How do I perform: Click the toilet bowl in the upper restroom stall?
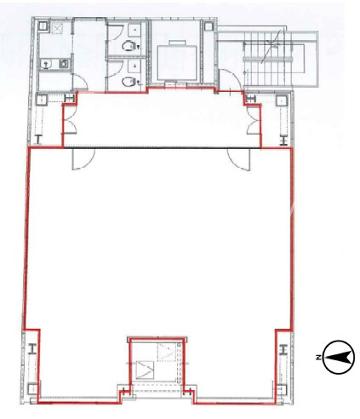128,46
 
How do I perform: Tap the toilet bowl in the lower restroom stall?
128,82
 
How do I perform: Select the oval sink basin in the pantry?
45,64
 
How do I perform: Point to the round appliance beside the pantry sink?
64,63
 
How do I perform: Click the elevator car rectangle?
177,62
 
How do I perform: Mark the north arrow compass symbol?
339,357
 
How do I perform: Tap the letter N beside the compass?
319,358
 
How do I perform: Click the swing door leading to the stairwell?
230,80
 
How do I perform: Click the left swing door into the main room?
83,159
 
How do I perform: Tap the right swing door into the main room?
239,159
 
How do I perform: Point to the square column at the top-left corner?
43,26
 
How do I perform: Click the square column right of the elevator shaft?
209,26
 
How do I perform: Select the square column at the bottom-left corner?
32,388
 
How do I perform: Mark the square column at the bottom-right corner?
282,389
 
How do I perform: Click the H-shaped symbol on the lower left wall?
33,349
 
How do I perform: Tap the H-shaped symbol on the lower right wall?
283,349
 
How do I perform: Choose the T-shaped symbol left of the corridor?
38,140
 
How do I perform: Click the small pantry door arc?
81,82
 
